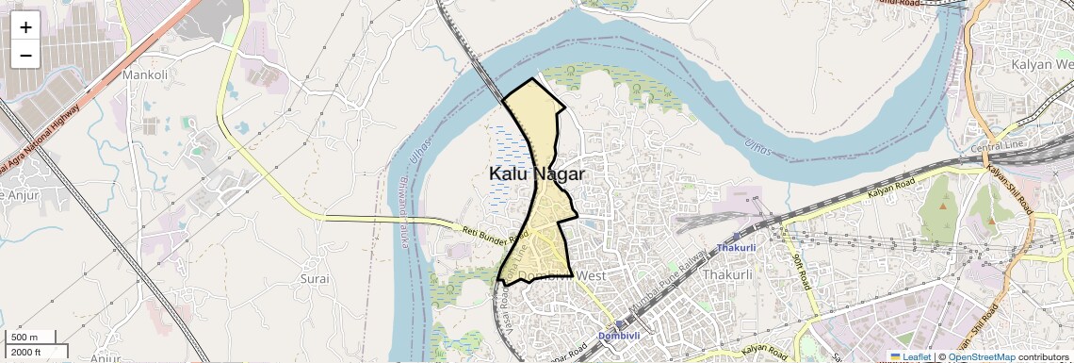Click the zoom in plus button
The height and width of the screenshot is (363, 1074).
click(25, 27)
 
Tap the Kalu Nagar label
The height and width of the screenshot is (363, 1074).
click(536, 174)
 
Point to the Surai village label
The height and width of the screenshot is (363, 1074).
click(314, 279)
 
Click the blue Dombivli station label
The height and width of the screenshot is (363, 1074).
click(619, 336)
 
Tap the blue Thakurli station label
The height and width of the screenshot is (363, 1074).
click(736, 248)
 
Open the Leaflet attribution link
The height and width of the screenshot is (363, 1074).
click(909, 356)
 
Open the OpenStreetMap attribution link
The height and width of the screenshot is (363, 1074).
click(981, 356)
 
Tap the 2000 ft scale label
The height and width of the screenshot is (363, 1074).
click(26, 352)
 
